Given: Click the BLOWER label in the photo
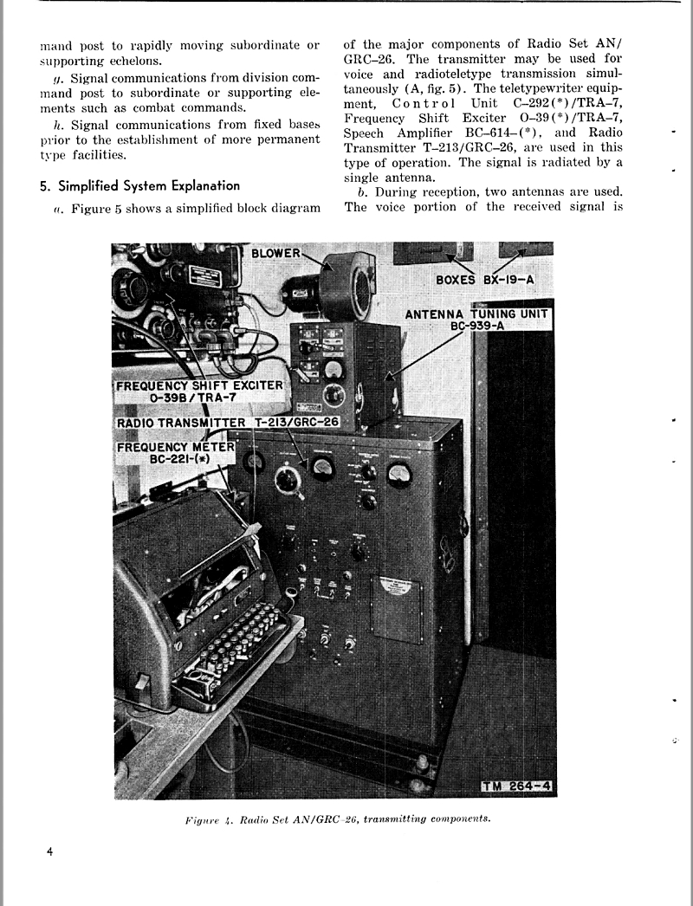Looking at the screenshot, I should point(275,254).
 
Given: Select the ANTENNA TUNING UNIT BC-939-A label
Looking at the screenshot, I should point(477,319).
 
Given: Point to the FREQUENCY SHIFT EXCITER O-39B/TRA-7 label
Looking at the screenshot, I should point(200,391).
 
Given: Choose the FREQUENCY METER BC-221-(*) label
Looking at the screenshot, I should point(177,452).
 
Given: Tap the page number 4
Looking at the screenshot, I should point(50,852).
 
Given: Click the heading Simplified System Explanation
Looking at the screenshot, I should point(139,185).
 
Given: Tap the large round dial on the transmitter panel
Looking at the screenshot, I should point(286,479).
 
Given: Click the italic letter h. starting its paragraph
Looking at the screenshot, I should point(57,125).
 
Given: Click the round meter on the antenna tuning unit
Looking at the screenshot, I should point(333,371).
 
